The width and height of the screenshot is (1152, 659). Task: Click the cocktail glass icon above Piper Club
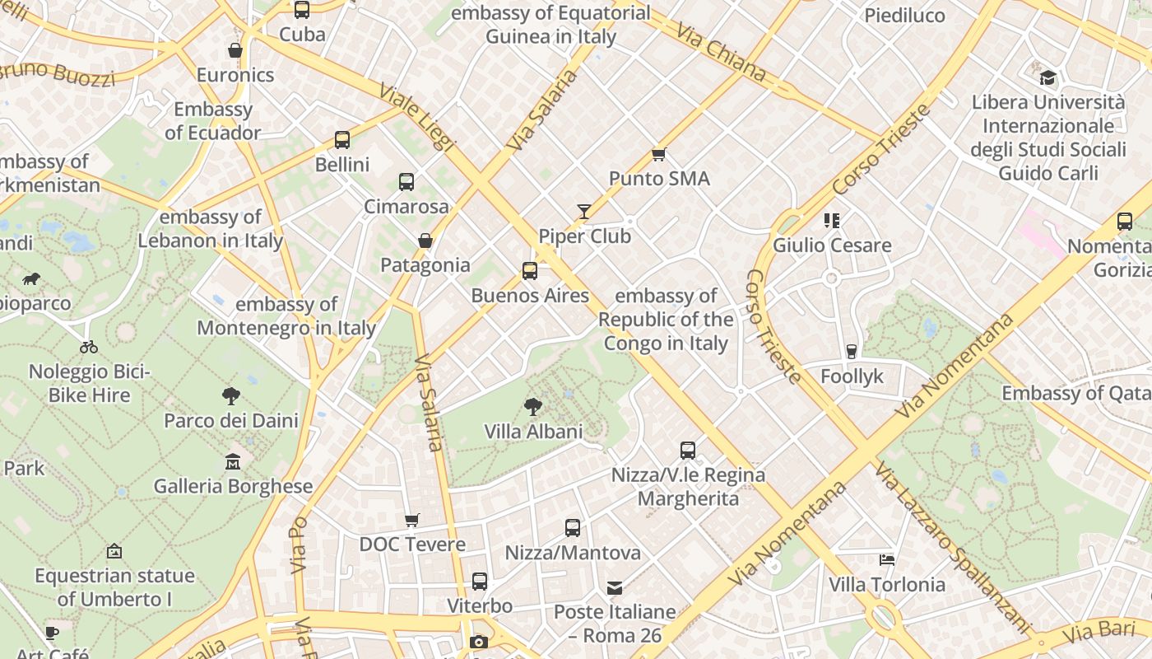(583, 212)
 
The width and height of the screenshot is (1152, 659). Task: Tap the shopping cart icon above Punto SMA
(658, 154)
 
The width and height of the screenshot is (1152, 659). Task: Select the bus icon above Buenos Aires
(530, 271)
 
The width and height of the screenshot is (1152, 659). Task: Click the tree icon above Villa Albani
(533, 406)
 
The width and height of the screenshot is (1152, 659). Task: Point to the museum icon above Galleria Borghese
(233, 461)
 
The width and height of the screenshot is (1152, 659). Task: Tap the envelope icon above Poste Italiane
(615, 588)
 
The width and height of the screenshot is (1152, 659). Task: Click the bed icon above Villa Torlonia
(887, 560)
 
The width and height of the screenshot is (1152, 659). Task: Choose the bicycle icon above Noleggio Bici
(89, 347)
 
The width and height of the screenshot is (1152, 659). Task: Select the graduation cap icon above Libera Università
(1047, 78)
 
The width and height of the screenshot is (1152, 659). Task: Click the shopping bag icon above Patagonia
(425, 241)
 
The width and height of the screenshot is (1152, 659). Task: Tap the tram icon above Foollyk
(852, 352)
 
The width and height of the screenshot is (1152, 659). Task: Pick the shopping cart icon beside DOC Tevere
(412, 520)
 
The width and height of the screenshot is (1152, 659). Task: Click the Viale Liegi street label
(417, 115)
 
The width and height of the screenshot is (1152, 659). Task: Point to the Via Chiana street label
(721, 52)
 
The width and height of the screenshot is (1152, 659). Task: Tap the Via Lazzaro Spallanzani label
(952, 546)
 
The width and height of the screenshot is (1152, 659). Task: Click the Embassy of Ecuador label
(213, 120)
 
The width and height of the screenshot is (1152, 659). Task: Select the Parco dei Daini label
(231, 420)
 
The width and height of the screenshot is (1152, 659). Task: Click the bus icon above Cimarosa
(406, 182)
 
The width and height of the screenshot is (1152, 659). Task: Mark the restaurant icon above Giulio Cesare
(832, 221)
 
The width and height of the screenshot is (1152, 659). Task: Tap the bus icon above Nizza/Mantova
(573, 528)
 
